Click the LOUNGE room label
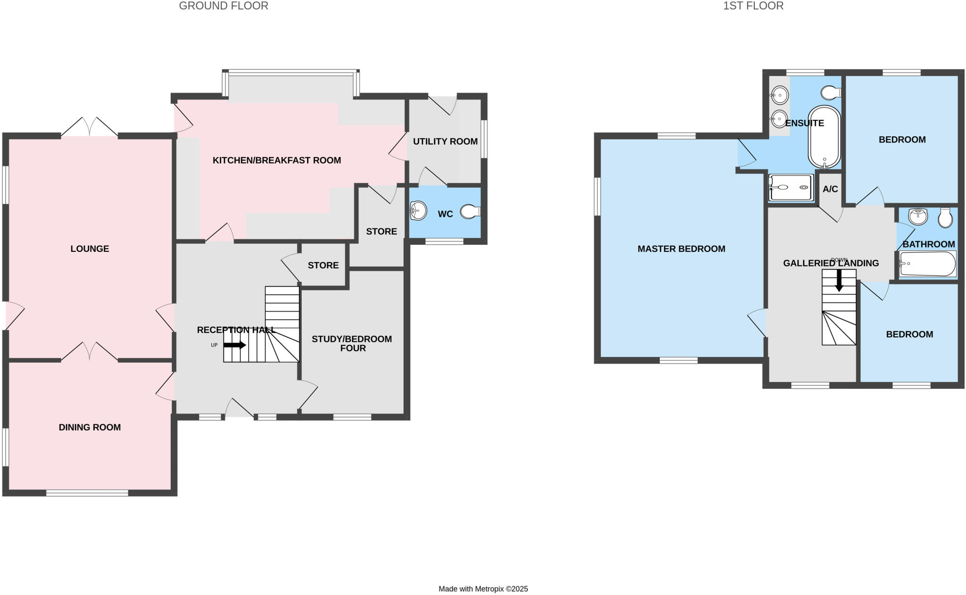pyautogui.click(x=90, y=248)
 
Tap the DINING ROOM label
pyautogui.click(x=90, y=427)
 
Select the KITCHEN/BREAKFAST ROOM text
pyautogui.click(x=276, y=160)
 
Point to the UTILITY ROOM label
pyautogui.click(x=445, y=141)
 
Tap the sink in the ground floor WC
pyautogui.click(x=418, y=211)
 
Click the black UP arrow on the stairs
pyautogui.click(x=234, y=345)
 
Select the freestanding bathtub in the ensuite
pyautogui.click(x=824, y=137)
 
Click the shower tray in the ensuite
pyautogui.click(x=791, y=188)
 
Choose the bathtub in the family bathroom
pyautogui.click(x=927, y=264)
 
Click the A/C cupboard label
pyautogui.click(x=830, y=189)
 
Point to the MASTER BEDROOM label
pyautogui.click(x=681, y=248)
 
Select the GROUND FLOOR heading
pyautogui.click(x=224, y=6)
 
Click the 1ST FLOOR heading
pyautogui.click(x=753, y=6)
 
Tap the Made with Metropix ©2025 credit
pyautogui.click(x=483, y=589)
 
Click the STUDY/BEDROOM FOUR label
pyautogui.click(x=352, y=343)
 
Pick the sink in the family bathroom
pyautogui.click(x=917, y=216)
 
